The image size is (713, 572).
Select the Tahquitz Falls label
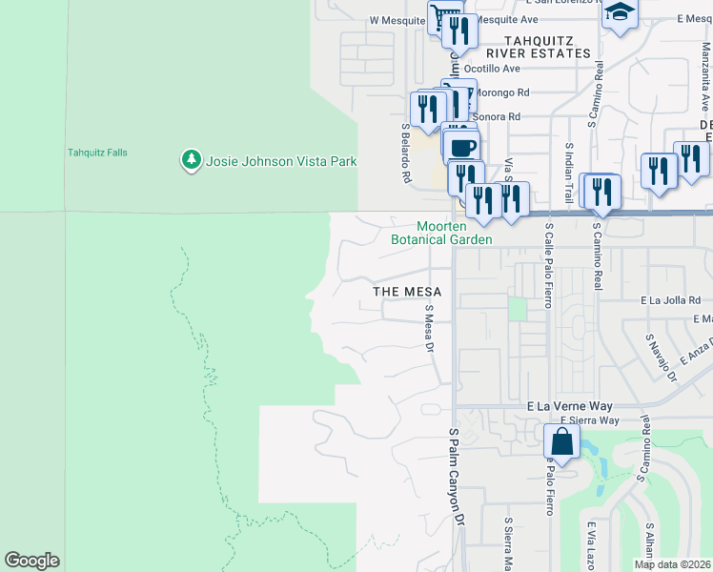97,153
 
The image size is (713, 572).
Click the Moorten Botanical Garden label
441,233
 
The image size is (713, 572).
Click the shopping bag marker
561,441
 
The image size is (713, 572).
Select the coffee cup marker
461,147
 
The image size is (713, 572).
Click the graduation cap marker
621,12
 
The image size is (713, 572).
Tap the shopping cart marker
443,16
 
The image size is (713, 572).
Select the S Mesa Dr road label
429,328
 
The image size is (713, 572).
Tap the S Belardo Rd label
405,153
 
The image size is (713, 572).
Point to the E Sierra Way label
589,420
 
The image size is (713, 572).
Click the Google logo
31,561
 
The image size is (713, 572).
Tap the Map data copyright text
673,564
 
